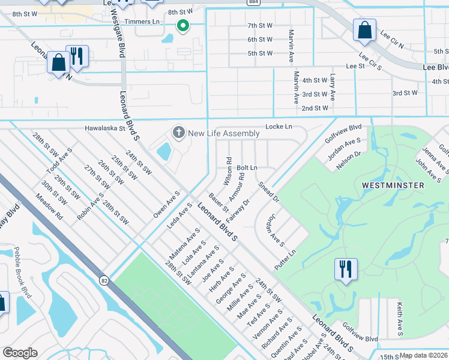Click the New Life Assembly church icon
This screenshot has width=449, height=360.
178,132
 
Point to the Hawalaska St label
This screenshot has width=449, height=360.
104,128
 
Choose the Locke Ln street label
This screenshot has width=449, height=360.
279,127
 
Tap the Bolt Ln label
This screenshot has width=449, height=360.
247,167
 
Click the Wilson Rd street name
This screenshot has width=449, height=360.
228,170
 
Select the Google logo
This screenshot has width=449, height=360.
20,353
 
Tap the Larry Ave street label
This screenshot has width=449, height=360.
331,88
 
